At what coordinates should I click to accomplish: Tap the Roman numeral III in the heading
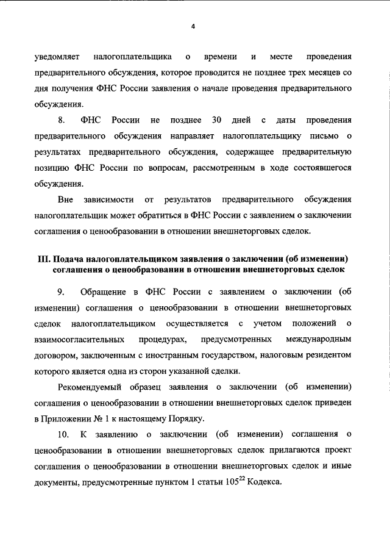44,258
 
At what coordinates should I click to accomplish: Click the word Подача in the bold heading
69,258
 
